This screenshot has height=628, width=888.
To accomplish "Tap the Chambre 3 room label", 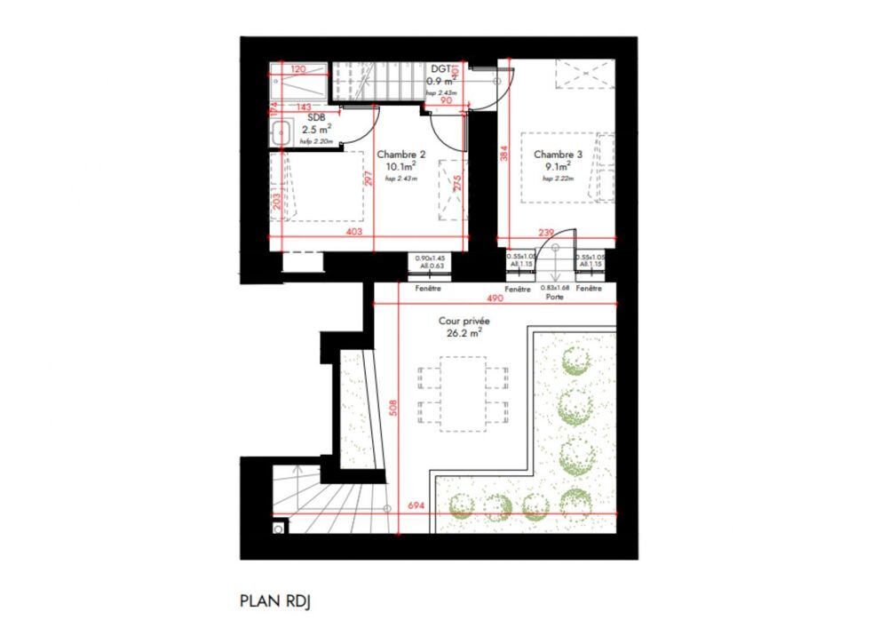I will pyautogui.click(x=558, y=154).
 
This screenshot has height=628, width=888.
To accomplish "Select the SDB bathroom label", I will pyautogui.click(x=315, y=116).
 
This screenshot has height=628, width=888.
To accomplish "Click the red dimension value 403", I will pyautogui.click(x=353, y=233).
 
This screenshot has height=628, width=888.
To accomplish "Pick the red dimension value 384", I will pyautogui.click(x=504, y=154).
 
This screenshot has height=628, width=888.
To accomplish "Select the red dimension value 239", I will pyautogui.click(x=547, y=233).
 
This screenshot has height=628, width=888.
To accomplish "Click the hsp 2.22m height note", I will pyautogui.click(x=558, y=179).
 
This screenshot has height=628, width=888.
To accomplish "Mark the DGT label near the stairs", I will pyautogui.click(x=440, y=68).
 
